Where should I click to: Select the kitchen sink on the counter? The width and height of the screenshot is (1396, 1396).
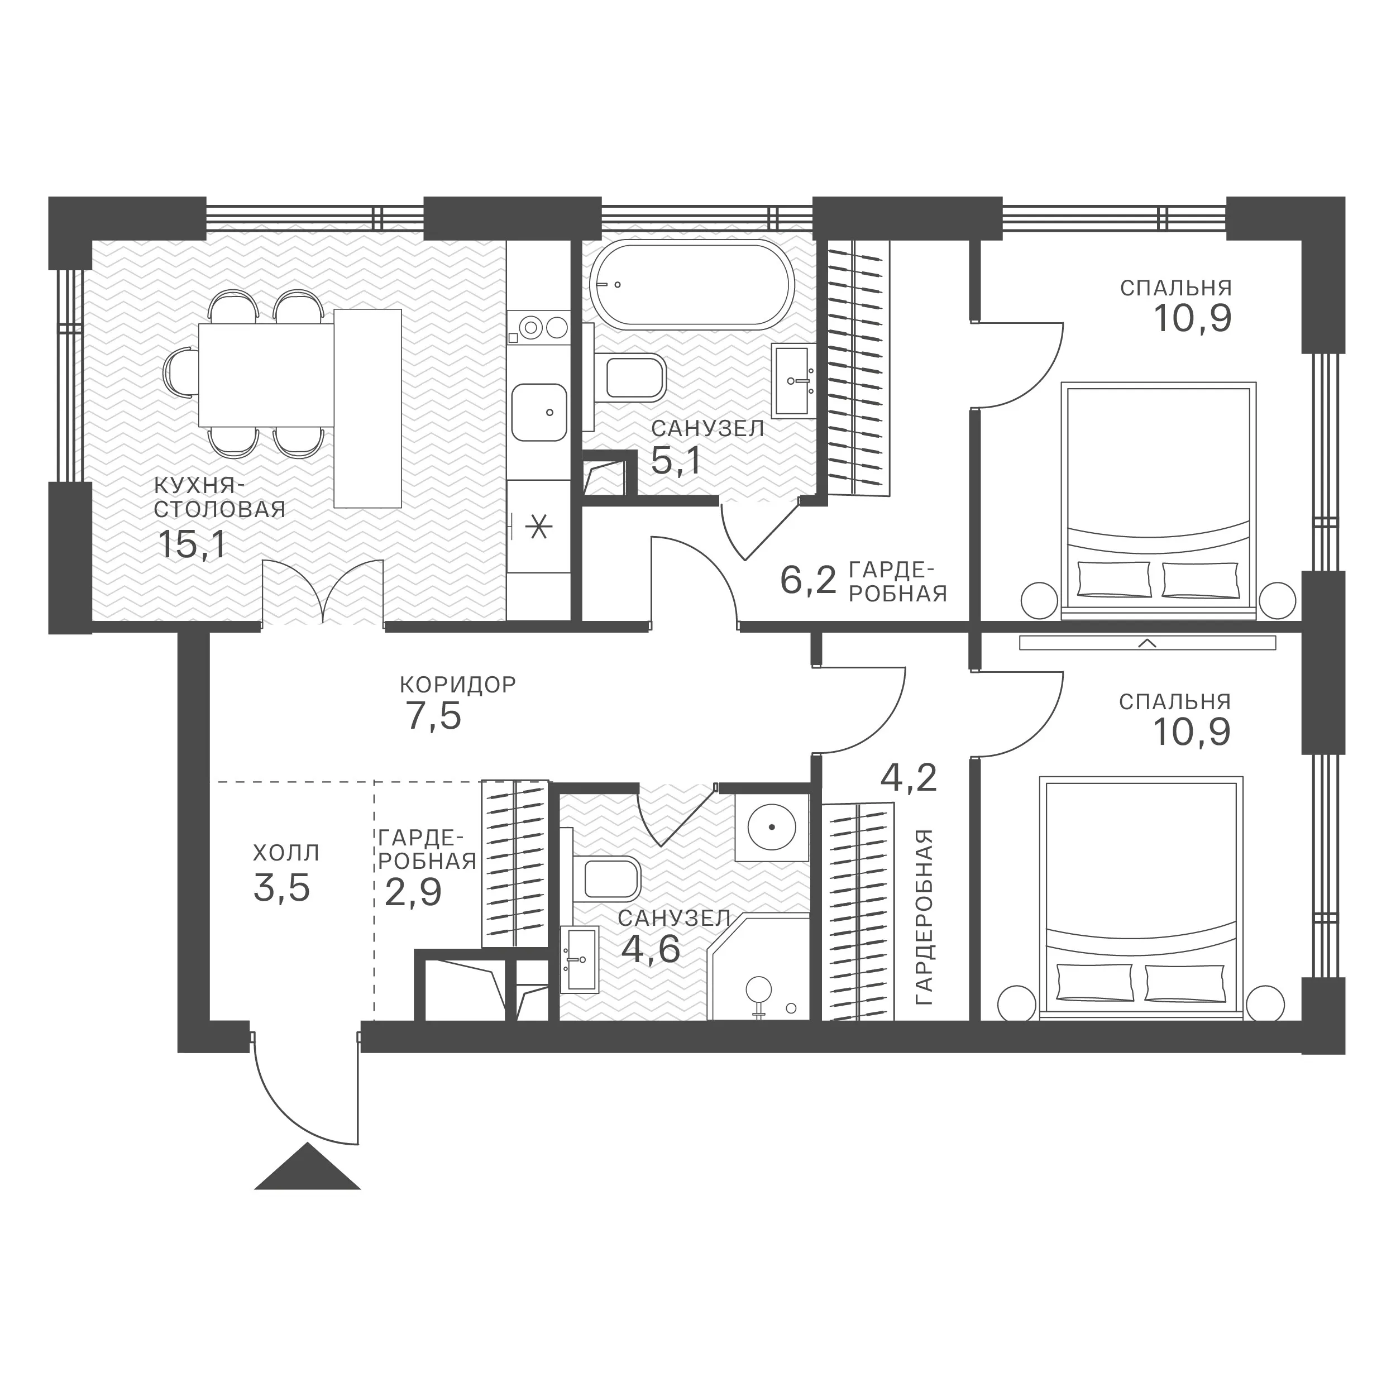(x=539, y=413)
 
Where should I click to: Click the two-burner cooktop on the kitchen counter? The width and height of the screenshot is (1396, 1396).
(x=539, y=328)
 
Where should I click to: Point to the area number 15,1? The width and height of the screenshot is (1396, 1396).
(x=192, y=544)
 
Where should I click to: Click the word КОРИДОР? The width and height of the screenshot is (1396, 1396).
(x=458, y=684)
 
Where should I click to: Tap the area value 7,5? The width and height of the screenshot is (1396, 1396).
(x=432, y=718)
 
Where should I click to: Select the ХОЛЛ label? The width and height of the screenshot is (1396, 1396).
(x=286, y=853)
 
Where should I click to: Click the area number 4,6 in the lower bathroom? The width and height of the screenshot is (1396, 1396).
(x=651, y=949)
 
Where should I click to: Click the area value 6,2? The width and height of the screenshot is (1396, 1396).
(x=808, y=580)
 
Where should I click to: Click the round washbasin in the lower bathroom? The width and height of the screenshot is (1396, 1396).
(x=771, y=826)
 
